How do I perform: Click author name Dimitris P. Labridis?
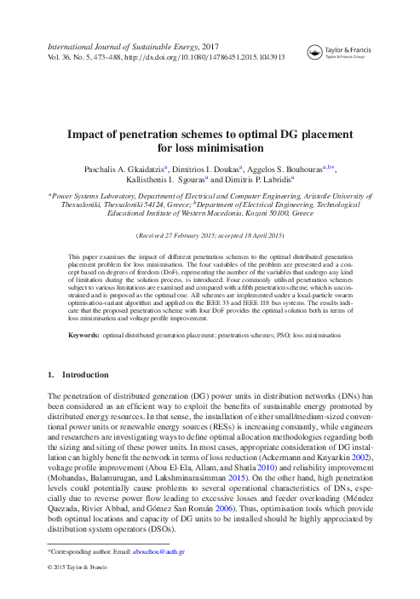[255, 181]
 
